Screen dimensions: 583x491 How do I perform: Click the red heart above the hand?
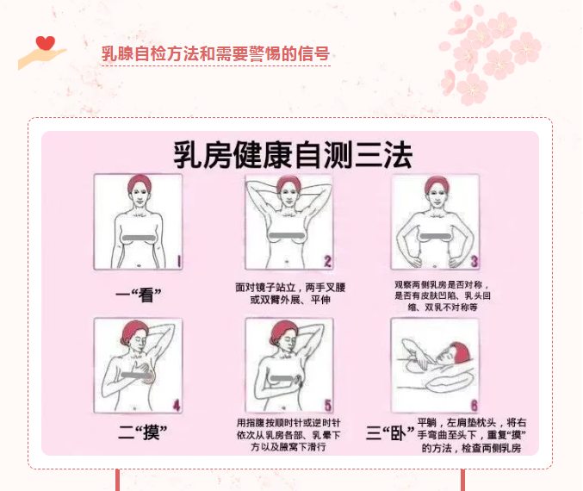[46, 43]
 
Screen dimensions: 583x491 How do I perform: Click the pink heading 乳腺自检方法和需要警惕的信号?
[215, 53]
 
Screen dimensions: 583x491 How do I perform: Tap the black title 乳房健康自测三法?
[293, 155]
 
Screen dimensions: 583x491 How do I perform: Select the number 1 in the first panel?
[178, 261]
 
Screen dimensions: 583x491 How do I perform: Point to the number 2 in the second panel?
[327, 261]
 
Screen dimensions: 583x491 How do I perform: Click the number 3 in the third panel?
[474, 261]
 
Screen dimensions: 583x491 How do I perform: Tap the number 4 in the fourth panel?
[177, 405]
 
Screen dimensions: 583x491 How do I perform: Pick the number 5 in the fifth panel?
[327, 405]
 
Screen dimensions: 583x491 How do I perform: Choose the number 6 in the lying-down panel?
[474, 405]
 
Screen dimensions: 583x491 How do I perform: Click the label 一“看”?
[139, 295]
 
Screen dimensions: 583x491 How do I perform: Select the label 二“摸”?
[142, 432]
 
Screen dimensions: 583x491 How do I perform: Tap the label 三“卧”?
[390, 432]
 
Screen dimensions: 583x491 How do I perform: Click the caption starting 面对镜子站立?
[290, 294]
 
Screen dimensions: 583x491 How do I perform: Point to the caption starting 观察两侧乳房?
[443, 296]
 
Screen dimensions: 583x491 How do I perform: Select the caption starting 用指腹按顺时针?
[288, 435]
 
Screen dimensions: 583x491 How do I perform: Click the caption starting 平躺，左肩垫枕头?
[471, 435]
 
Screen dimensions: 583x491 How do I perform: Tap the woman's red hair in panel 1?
[140, 183]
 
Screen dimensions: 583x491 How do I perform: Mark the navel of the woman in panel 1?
[139, 265]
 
